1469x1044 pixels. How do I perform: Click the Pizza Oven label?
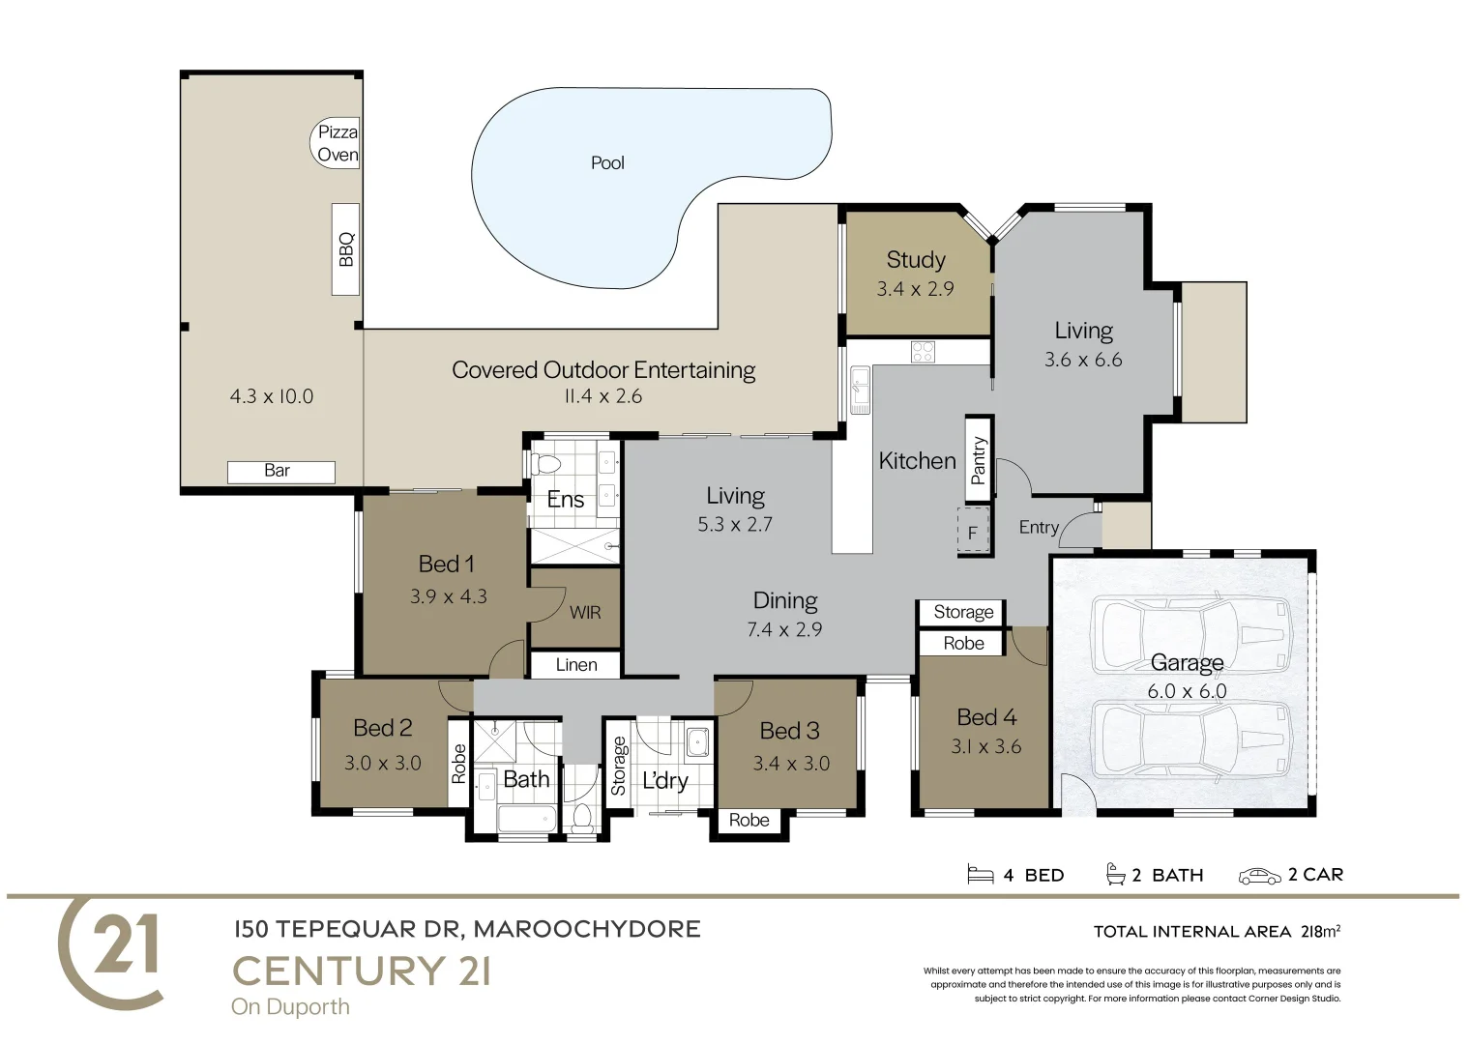coord(338,143)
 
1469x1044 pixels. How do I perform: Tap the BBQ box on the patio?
coord(345,248)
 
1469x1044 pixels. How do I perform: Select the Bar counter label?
coord(278,471)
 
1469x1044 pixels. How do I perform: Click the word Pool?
coord(607,162)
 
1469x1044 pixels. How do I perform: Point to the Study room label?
coord(915,259)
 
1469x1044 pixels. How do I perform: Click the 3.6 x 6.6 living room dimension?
coord(1082,360)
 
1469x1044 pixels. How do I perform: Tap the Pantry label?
coord(979,459)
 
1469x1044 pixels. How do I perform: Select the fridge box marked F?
coord(973,533)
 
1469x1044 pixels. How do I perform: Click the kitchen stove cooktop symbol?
coord(923,352)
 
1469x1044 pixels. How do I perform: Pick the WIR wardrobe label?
coord(584,612)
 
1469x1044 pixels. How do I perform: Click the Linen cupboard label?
coord(575,665)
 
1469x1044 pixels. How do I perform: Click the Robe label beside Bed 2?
coord(458,763)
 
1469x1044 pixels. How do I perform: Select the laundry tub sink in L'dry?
coord(696,743)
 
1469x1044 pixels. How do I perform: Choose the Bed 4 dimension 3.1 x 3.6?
coord(985,746)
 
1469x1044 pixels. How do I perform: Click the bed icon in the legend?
coord(980,875)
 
